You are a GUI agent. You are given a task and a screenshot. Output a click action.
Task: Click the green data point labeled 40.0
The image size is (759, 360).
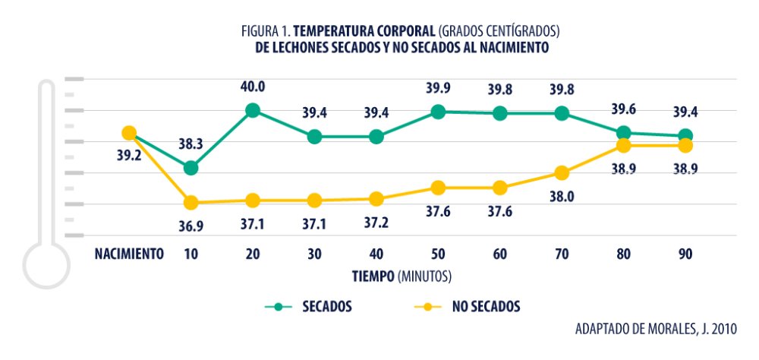253,111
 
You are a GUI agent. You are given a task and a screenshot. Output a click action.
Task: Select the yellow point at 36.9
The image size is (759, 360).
191,203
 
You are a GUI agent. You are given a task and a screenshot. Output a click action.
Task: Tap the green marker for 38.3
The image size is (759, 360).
191,168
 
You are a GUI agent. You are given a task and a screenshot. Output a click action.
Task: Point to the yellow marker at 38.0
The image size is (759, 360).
562,173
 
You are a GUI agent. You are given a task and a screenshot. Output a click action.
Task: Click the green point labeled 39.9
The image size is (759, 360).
438,112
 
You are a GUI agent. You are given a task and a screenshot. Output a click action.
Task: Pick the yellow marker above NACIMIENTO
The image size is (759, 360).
129,134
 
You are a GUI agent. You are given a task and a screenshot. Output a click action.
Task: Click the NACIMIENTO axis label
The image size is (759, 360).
129,254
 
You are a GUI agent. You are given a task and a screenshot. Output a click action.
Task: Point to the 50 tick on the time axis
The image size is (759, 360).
438,254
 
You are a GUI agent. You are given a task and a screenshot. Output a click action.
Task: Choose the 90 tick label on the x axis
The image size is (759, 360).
685,254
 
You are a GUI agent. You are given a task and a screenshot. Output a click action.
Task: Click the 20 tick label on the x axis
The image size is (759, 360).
253,254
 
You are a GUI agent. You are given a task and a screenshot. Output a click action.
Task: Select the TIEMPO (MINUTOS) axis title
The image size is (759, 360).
402,273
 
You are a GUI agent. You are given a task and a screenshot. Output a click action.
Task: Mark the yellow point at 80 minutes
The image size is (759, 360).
624,146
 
